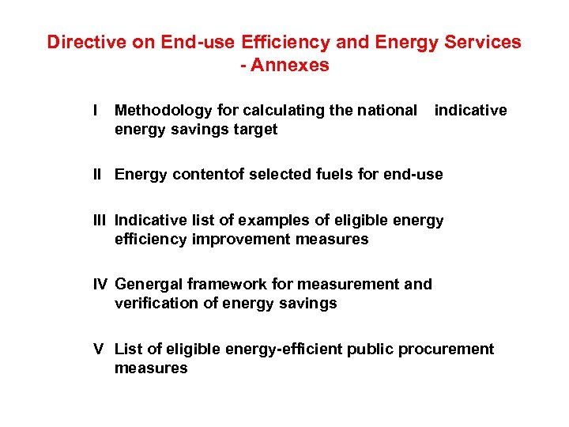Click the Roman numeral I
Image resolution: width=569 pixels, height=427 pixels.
click(x=95, y=111)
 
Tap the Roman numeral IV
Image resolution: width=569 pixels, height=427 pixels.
click(x=100, y=284)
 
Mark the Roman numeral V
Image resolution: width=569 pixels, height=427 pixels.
click(x=98, y=349)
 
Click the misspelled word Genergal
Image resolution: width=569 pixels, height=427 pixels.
click(x=149, y=284)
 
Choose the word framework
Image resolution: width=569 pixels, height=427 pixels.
click(x=224, y=284)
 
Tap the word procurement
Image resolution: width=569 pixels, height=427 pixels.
click(x=448, y=349)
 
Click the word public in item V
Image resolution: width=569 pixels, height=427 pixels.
click(x=373, y=349)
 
